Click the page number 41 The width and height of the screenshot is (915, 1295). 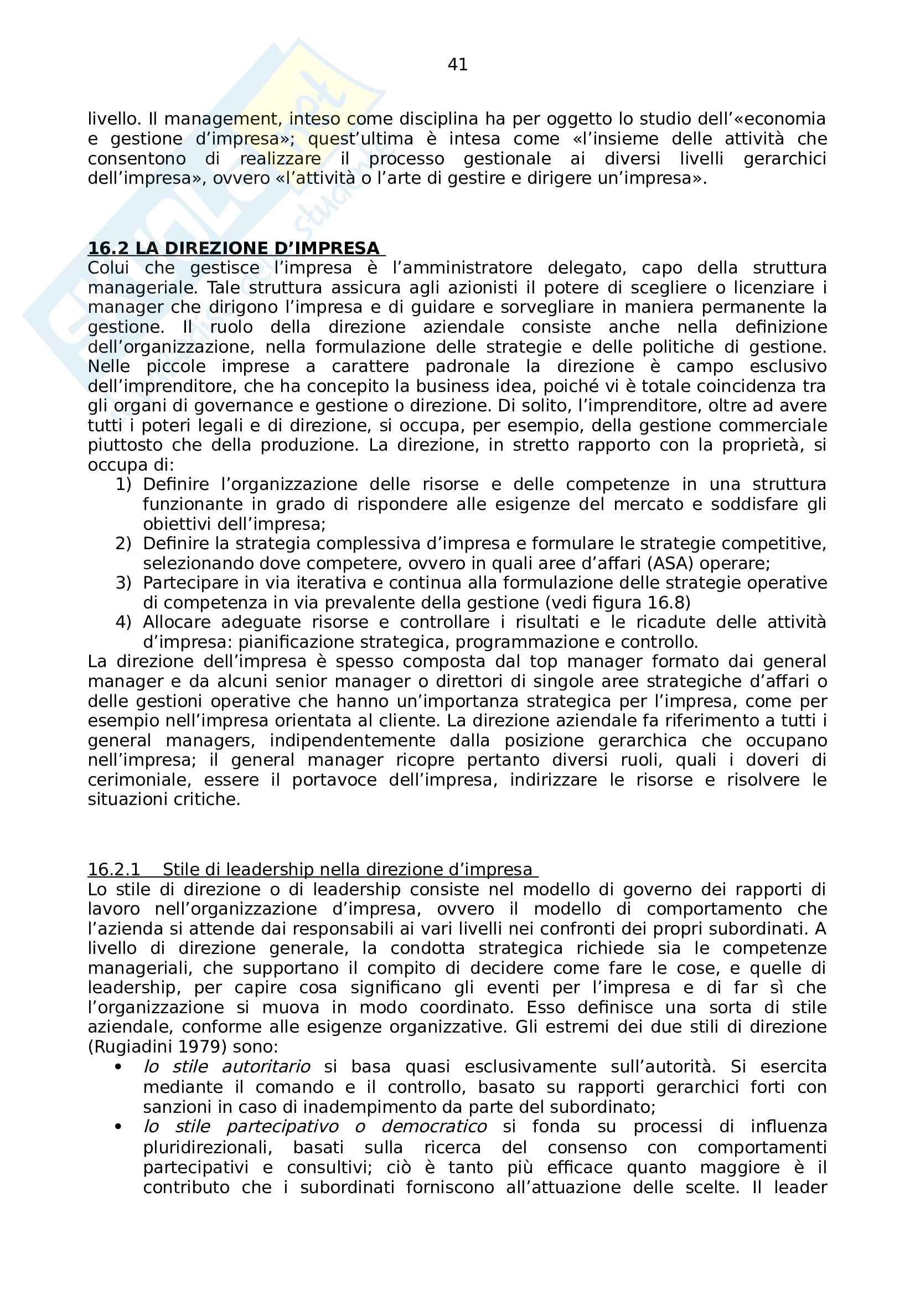[x=457, y=65]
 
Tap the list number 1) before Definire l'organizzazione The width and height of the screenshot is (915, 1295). [x=123, y=484]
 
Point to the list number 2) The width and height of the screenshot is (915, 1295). [x=123, y=543]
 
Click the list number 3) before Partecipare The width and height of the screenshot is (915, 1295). [x=123, y=582]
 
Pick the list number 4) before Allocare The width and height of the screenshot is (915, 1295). [x=123, y=622]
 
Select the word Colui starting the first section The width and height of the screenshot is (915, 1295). [x=108, y=268]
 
